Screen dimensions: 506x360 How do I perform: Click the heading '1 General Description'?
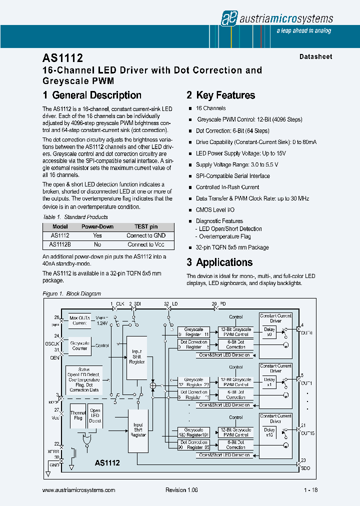coord(92,95)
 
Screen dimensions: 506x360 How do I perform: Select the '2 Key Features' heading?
coord(220,95)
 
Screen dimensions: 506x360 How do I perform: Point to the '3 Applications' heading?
coord(219,262)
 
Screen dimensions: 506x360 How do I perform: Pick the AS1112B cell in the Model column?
coord(60,244)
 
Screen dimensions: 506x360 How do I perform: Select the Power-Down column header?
coord(97,226)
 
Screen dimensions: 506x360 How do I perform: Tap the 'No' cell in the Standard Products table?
coord(97,244)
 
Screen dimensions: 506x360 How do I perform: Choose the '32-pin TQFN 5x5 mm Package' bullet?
coord(232,247)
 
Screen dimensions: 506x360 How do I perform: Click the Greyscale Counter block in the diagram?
coord(80,345)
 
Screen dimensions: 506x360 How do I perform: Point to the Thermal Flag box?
coord(77,415)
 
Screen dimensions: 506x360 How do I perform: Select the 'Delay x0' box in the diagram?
coord(269,332)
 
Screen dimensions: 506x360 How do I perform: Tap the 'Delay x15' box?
coord(269,432)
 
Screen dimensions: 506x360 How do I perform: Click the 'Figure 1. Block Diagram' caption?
coord(72,293)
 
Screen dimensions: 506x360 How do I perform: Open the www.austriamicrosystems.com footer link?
coord(79,490)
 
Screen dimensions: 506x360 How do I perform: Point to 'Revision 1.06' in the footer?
coord(181,490)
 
